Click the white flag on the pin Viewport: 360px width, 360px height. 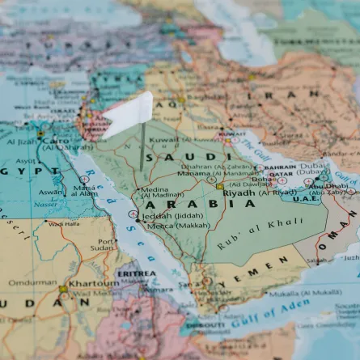(129, 114)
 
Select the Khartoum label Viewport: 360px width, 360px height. (94, 284)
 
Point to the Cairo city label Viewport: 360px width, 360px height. (56, 140)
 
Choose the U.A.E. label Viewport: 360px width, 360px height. (306, 199)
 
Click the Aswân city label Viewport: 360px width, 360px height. (51, 193)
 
